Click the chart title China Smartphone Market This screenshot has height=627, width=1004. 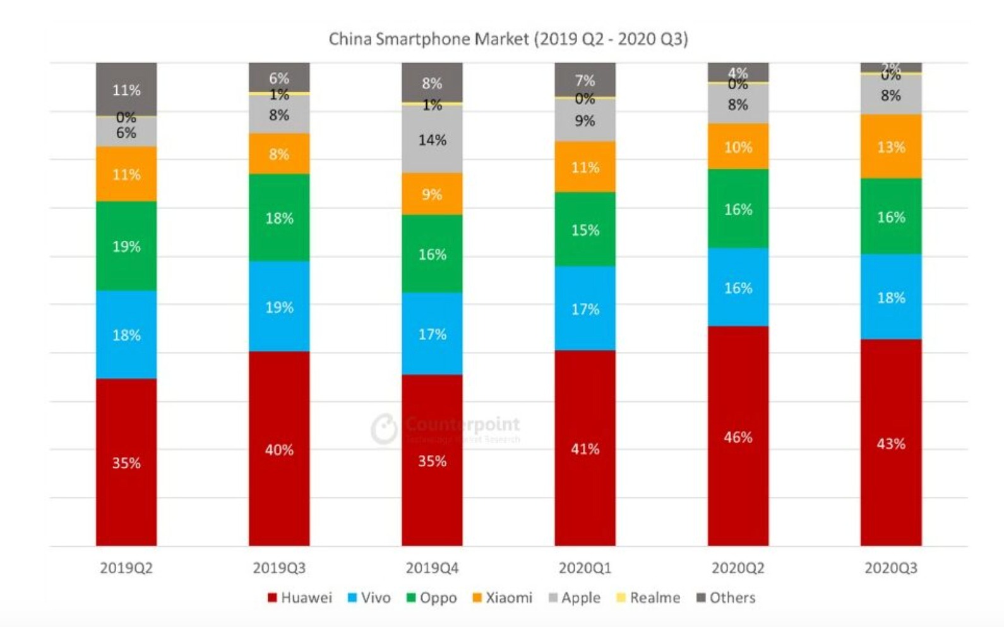click(x=508, y=39)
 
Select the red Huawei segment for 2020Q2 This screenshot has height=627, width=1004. click(x=738, y=436)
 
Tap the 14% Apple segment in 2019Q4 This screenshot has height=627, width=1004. click(x=432, y=139)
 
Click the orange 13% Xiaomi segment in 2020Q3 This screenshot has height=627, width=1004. click(x=890, y=147)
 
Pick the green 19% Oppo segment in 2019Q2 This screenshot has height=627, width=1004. click(x=126, y=246)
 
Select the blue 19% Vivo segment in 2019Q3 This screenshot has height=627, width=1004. click(x=279, y=307)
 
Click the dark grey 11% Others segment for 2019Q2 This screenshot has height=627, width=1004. click(x=126, y=89)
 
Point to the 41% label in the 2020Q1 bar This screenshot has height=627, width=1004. click(x=585, y=449)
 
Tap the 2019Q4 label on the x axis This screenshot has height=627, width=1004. click(x=432, y=568)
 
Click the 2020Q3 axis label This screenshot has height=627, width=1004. click(x=890, y=568)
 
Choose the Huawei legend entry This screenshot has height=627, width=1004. click(x=300, y=597)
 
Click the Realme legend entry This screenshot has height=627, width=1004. click(x=648, y=597)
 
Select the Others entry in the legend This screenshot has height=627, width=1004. click(x=726, y=597)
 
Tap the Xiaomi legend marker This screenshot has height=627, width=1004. click(x=477, y=597)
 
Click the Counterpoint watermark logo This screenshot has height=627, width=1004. click(x=384, y=429)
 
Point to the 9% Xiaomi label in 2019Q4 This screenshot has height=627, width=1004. click(x=432, y=194)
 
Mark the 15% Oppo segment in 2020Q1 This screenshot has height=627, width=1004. click(x=585, y=229)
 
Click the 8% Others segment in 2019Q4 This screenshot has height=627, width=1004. click(x=432, y=82)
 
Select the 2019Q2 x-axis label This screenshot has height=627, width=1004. click(x=126, y=568)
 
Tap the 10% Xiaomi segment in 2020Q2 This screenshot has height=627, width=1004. click(x=738, y=147)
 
